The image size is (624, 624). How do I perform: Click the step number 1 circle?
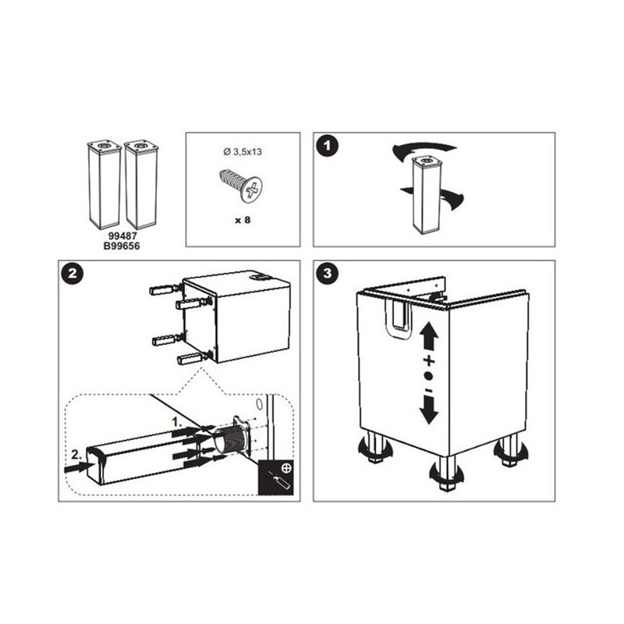pos(327,146)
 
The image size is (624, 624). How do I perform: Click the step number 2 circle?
pos(73,274)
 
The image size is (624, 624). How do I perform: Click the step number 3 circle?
pos(327,274)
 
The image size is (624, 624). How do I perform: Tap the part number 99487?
pos(122,236)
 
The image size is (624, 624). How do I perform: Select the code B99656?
pos(122,246)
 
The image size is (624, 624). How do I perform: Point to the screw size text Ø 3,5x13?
pos(243,151)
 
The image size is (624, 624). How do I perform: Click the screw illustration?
pos(241,186)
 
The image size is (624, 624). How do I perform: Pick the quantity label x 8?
pos(243,220)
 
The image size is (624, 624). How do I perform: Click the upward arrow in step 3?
pos(428,336)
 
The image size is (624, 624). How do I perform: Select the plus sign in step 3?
pos(428,361)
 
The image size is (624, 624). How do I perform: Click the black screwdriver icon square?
pos(276,477)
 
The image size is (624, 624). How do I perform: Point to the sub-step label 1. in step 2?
pos(177,422)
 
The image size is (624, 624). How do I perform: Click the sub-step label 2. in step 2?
pos(76,455)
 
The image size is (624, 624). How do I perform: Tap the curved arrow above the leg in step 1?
pos(424,150)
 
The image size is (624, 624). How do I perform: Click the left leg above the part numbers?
pos(104,185)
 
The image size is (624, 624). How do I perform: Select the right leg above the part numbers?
pos(140,185)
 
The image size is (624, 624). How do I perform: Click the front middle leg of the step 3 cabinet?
pos(447,473)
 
